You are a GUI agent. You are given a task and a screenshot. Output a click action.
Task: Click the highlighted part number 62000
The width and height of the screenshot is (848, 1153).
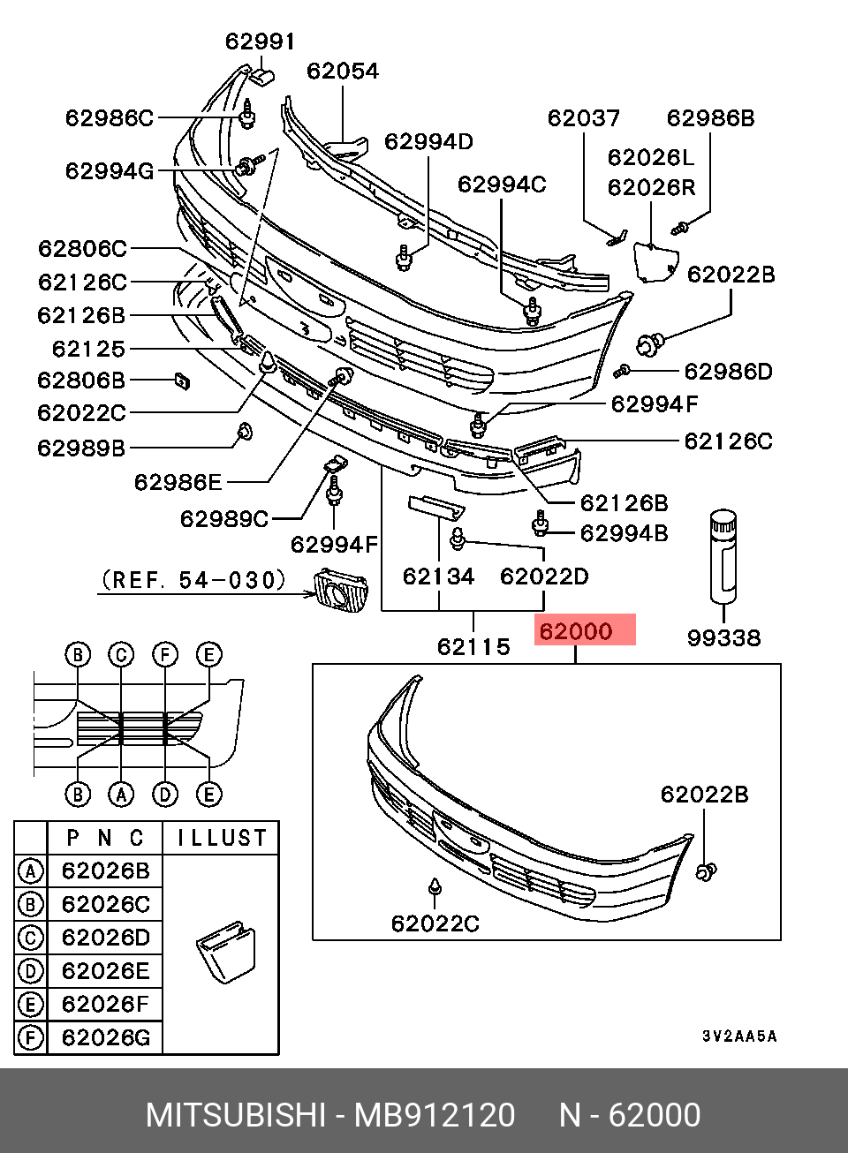pos(576,631)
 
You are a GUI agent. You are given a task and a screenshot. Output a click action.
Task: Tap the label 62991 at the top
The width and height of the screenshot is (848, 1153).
pos(260,41)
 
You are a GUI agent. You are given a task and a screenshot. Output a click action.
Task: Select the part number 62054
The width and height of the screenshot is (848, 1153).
pos(343,71)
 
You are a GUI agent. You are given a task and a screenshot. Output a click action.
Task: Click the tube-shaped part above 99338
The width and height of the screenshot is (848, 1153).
pos(723,557)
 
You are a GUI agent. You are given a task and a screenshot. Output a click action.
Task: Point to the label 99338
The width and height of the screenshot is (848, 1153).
pos(723,638)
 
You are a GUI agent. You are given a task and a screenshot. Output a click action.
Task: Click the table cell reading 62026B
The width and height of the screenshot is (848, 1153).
pos(105,870)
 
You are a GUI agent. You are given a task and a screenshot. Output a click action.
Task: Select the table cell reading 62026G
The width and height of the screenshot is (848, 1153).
pos(105,1037)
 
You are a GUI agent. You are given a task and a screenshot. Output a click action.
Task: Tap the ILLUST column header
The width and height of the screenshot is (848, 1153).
pos(222,838)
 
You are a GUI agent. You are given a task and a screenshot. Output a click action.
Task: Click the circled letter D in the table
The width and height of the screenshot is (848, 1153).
pos(30,971)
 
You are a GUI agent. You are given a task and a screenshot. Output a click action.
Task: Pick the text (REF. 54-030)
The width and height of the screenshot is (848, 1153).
pos(193,580)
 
